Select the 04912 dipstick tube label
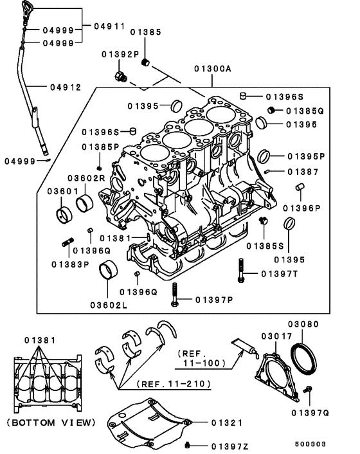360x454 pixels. pyautogui.click(x=67, y=87)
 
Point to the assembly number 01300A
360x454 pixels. pyautogui.click(x=213, y=68)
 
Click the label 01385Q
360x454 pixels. pyautogui.click(x=305, y=111)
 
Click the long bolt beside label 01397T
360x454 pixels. pyautogui.click(x=241, y=270)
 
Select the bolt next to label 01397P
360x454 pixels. pyautogui.click(x=174, y=295)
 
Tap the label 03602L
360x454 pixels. pyautogui.click(x=109, y=304)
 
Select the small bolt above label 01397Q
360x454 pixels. pyautogui.click(x=309, y=390)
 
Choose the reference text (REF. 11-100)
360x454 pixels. pyautogui.click(x=200, y=358)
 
